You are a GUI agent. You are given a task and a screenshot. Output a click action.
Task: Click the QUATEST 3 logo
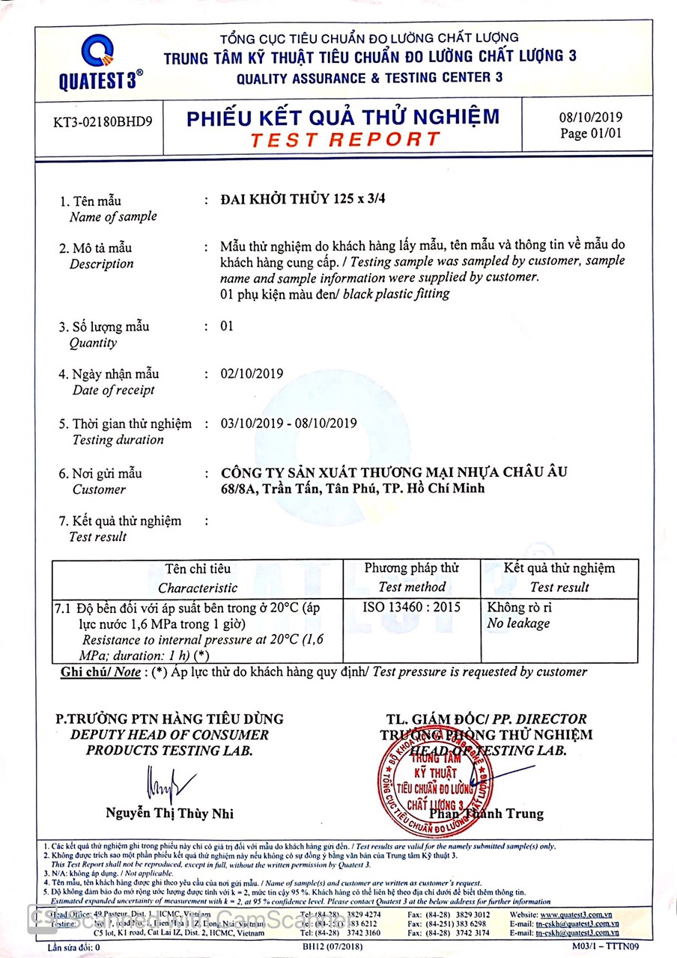100,63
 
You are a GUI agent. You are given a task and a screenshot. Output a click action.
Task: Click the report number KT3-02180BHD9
103,121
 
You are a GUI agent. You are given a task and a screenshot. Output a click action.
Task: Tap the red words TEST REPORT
345,139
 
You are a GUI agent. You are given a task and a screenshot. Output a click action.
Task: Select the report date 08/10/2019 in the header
590,117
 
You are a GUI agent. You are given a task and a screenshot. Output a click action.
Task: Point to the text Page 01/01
590,133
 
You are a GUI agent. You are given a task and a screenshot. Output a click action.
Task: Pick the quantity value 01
228,326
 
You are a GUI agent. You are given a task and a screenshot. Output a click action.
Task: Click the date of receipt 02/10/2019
252,373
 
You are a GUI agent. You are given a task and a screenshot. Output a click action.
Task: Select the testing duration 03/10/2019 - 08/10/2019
289,423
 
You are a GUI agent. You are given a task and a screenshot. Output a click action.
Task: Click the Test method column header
411,587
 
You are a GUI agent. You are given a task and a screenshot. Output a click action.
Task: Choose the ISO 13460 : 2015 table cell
411,607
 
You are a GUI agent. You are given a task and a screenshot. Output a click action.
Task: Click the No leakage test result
518,623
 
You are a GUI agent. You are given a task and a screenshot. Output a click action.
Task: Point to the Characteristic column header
198,588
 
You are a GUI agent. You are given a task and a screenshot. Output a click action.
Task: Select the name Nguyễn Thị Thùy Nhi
169,814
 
